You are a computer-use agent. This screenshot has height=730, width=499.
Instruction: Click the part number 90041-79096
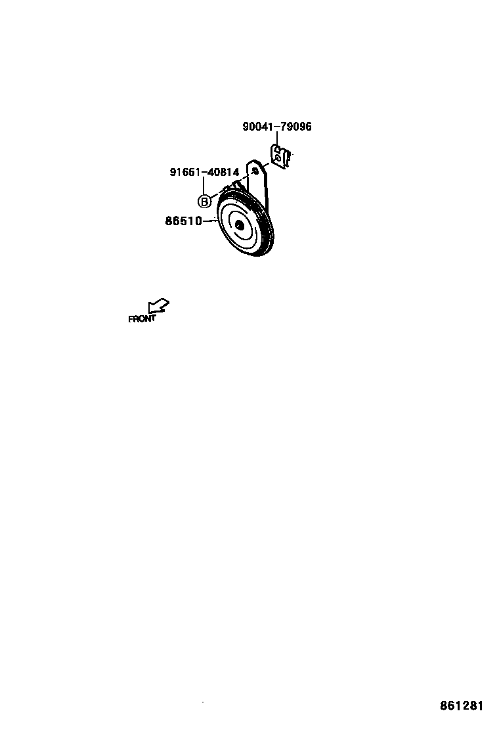tap(277, 127)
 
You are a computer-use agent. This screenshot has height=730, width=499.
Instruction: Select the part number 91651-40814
tap(204, 173)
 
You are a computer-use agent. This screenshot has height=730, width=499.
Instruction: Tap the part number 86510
tap(183, 222)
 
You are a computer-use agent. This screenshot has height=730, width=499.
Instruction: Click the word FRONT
tap(142, 319)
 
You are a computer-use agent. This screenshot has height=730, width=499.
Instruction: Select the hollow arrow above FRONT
tap(158, 306)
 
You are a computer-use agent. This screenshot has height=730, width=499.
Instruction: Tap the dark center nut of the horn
tap(239, 226)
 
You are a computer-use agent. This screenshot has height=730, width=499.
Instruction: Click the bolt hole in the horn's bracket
tap(255, 171)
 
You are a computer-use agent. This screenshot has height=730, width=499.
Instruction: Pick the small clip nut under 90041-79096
tap(280, 158)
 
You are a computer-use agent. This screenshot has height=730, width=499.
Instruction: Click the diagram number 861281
tap(462, 706)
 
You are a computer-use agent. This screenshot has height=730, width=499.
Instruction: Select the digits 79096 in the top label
tap(295, 127)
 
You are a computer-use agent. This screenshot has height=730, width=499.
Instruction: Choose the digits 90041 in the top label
tap(257, 127)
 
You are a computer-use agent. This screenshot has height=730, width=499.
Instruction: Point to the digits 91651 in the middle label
tap(184, 173)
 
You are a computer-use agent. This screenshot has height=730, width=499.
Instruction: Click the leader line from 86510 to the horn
tap(210, 222)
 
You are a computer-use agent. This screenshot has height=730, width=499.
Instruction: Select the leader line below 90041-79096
tap(277, 139)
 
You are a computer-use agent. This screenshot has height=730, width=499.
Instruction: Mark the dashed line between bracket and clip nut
tap(265, 164)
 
